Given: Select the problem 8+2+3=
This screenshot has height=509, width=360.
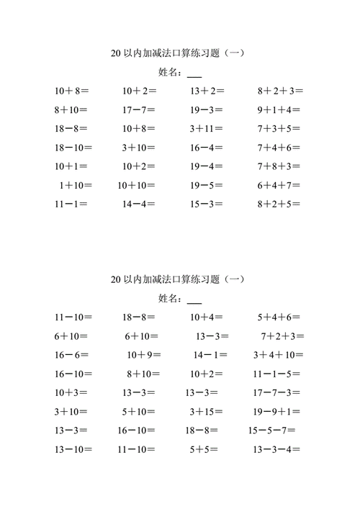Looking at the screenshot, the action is [281, 91].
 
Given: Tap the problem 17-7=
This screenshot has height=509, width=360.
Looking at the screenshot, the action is [139, 110].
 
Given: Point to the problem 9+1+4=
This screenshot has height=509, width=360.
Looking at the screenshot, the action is [281, 110].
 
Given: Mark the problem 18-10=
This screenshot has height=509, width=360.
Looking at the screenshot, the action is [73, 148].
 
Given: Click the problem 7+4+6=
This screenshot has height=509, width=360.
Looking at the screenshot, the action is [281, 148].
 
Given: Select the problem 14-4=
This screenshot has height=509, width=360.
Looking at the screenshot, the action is [139, 204].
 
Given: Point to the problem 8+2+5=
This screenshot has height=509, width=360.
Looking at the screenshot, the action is [281, 204].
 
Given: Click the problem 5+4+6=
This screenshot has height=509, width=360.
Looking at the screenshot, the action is [279, 317].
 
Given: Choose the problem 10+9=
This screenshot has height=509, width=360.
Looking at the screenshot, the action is [144, 354].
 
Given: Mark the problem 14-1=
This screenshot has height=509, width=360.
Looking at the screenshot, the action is [210, 354].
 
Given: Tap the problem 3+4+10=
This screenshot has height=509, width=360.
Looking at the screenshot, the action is [279, 354].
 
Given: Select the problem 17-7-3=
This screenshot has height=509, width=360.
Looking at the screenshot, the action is [278, 392].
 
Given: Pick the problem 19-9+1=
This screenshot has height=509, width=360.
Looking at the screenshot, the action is [278, 411].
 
